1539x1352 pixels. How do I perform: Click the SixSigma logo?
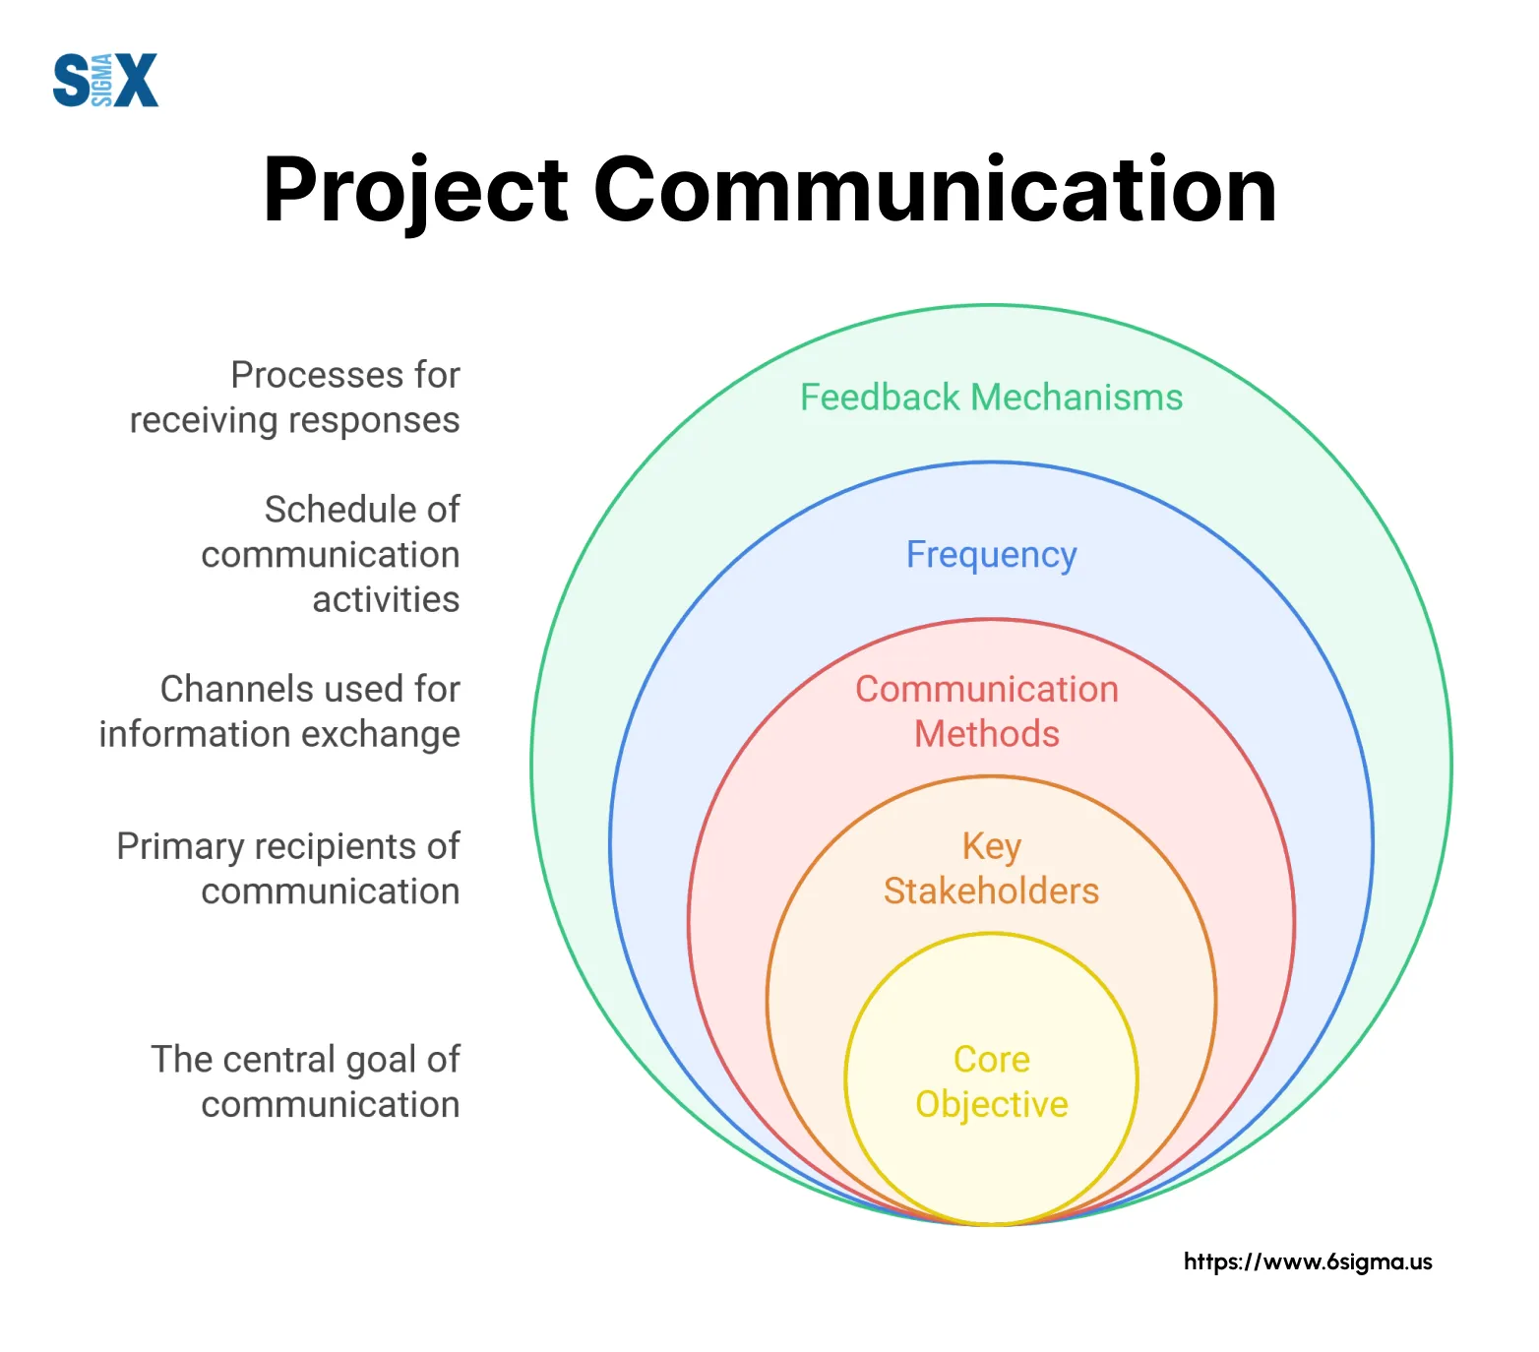[105, 80]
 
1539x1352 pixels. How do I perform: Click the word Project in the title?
[415, 190]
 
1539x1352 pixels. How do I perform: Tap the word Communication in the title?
[934, 190]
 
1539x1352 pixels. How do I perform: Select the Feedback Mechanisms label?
[991, 398]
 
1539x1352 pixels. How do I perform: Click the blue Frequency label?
[991, 555]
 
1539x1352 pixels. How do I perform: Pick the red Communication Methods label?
[987, 711]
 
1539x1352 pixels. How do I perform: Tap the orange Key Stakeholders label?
[991, 868]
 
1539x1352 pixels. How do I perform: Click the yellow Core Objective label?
[991, 1081]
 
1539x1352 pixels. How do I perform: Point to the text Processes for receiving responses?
[295, 398]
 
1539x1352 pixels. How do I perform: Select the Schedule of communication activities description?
[331, 554]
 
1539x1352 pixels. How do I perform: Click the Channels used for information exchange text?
[279, 711]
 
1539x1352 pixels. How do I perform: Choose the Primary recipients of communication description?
[288, 868]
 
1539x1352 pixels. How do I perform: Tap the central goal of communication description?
[305, 1081]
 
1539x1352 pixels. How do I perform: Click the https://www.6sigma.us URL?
[1308, 1261]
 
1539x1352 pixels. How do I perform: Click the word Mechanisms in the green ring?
[1077, 398]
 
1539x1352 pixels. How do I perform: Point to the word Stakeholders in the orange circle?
[991, 891]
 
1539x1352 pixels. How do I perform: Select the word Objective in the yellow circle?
[991, 1104]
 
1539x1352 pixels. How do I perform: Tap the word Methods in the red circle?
[987, 734]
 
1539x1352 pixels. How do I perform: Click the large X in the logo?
[137, 80]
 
